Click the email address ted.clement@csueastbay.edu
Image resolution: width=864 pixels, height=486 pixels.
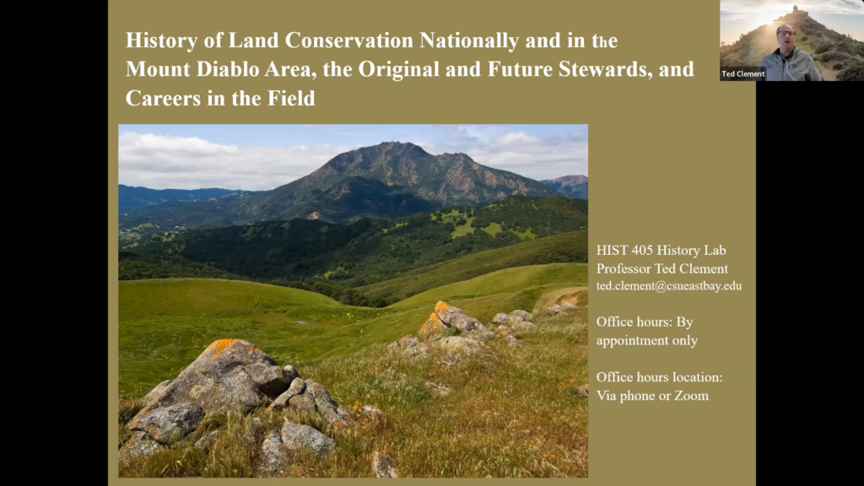point(669,286)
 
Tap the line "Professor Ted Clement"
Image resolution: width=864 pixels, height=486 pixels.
point(661,268)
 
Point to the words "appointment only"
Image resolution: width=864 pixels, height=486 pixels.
point(647,340)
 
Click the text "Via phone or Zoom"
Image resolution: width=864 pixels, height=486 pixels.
point(652,395)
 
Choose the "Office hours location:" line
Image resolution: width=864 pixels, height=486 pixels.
point(659,376)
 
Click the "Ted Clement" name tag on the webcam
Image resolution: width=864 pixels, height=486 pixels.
point(742,74)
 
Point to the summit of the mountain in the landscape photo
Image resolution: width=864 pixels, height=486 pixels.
point(391,147)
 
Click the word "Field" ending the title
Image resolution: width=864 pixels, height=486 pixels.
point(291,98)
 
